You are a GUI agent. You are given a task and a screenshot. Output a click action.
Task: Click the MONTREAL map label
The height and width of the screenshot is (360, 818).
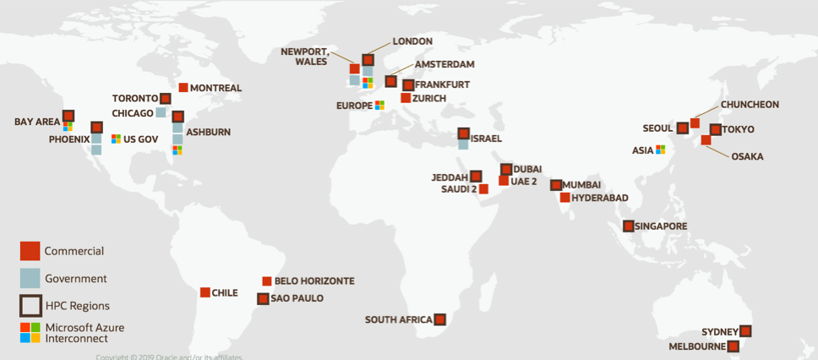tap(215, 88)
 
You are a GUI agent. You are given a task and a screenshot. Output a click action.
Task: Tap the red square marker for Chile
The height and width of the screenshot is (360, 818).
tap(205, 292)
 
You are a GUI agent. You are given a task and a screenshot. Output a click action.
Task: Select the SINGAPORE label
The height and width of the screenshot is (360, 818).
tap(662, 226)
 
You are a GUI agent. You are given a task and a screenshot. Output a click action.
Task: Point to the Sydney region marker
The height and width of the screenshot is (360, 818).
tap(746, 331)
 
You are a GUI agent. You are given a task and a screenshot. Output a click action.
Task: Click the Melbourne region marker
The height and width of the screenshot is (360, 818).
tap(733, 346)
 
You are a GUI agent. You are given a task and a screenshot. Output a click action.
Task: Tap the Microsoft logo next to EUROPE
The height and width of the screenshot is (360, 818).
tap(379, 105)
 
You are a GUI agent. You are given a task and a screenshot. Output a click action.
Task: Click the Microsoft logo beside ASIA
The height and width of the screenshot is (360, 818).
tap(660, 150)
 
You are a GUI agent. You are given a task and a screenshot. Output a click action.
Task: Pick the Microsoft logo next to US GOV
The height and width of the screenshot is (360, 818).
tap(117, 138)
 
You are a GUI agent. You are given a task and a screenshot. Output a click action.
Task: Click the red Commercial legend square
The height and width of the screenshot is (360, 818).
tap(30, 251)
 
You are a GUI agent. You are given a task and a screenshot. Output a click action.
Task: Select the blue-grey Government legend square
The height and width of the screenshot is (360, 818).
tap(30, 278)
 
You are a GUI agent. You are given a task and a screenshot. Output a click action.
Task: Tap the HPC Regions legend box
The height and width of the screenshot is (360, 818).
tap(30, 305)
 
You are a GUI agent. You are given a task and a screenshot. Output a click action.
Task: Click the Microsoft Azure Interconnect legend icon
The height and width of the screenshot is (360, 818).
tap(30, 332)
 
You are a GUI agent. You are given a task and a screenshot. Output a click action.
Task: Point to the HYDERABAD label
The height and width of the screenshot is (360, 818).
tap(600, 198)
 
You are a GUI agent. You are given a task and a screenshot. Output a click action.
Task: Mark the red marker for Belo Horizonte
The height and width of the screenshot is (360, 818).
tap(267, 281)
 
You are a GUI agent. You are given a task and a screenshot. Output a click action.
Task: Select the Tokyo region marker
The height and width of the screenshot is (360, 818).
tap(715, 129)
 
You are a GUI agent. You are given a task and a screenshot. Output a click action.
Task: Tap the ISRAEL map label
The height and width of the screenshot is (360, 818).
tap(487, 138)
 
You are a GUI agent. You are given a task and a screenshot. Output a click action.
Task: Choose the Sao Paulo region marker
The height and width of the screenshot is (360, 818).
tap(263, 298)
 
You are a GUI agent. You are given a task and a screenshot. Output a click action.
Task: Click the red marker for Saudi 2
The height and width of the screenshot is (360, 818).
tap(483, 189)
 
